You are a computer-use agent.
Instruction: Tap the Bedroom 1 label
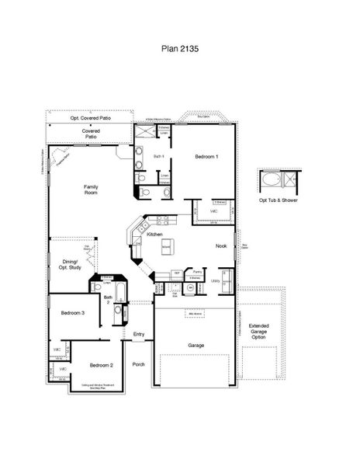point(206,157)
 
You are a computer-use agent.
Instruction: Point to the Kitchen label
point(155,234)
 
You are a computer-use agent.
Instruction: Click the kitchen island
point(166,248)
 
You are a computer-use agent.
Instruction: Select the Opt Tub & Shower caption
point(278,199)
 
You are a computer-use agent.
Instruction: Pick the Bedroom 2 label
point(102,364)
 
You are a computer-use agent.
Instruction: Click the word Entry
point(139,335)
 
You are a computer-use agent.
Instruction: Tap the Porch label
point(138,363)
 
